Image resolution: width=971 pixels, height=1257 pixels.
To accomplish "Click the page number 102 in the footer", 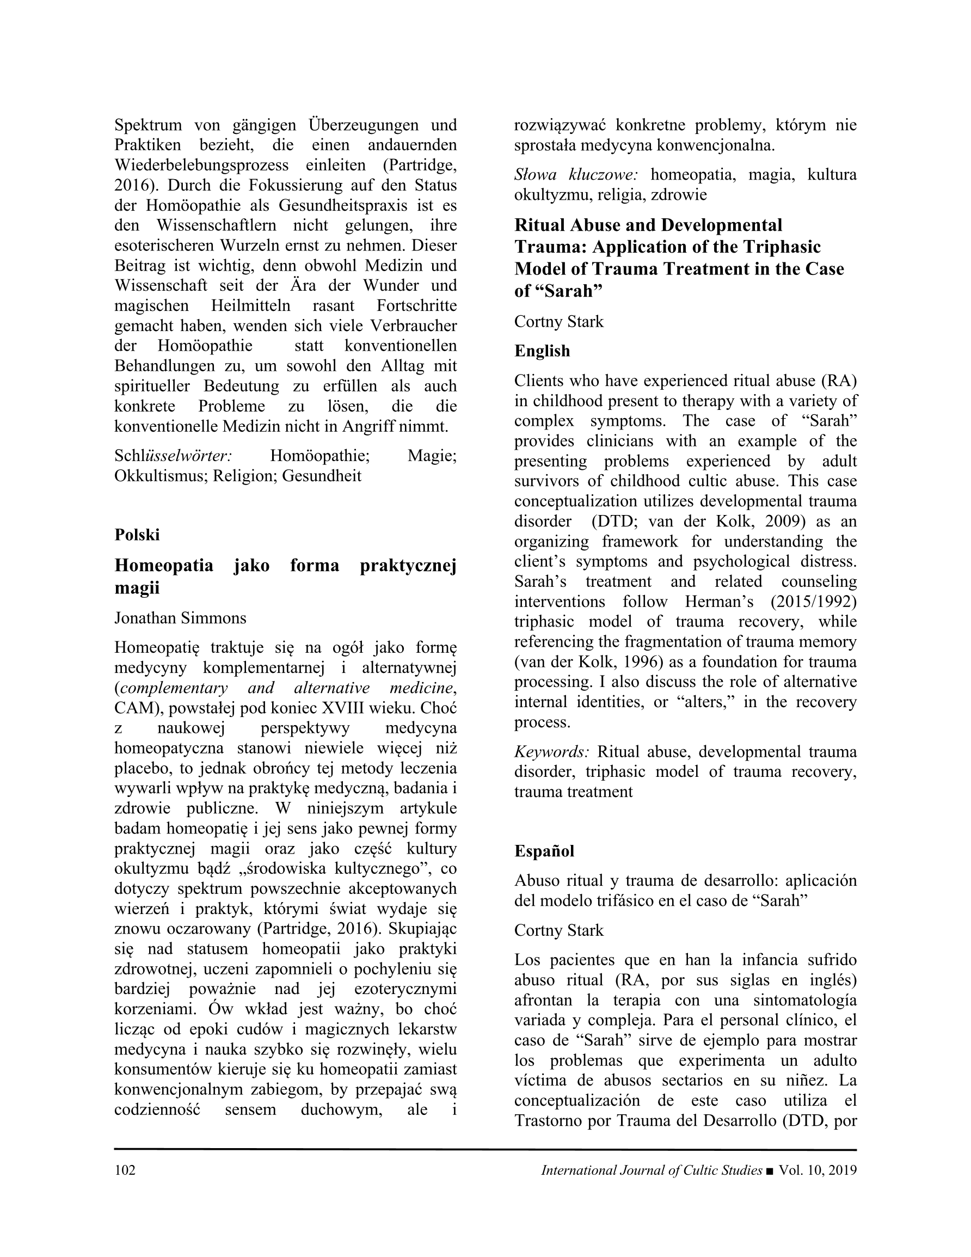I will coord(125,1170).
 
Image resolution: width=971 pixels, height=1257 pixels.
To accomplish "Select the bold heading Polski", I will coord(137,535).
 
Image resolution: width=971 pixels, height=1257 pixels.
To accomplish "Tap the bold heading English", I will coord(542,351).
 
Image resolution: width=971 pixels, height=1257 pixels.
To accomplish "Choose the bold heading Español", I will coord(544,851).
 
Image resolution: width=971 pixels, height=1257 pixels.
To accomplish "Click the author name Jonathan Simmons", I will coord(180,617).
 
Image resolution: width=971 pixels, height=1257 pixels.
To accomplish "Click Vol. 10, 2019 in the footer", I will coord(818,1170).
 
